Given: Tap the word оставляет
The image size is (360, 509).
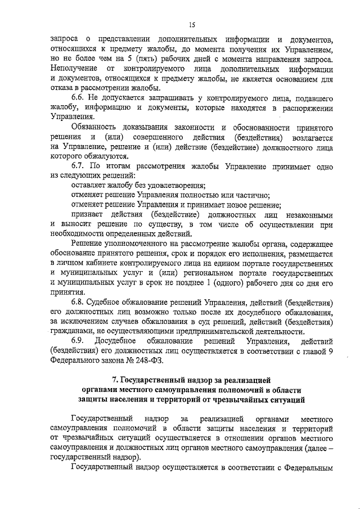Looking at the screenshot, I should click(x=90, y=186).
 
